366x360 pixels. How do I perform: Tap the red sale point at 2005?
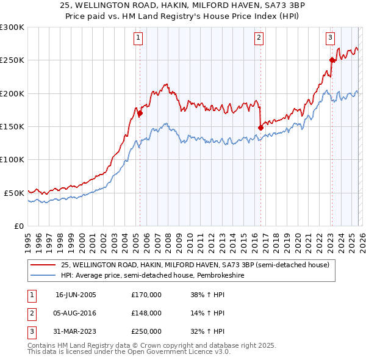pos(140,113)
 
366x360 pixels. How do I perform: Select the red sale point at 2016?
pos(260,128)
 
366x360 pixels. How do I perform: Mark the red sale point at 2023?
pos(332,60)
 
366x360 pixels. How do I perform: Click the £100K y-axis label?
pos(12,159)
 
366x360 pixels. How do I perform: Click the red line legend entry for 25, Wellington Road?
pos(195,265)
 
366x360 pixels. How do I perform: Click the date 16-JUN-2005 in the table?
pos(76,295)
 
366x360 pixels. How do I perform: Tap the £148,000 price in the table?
pos(146,313)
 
